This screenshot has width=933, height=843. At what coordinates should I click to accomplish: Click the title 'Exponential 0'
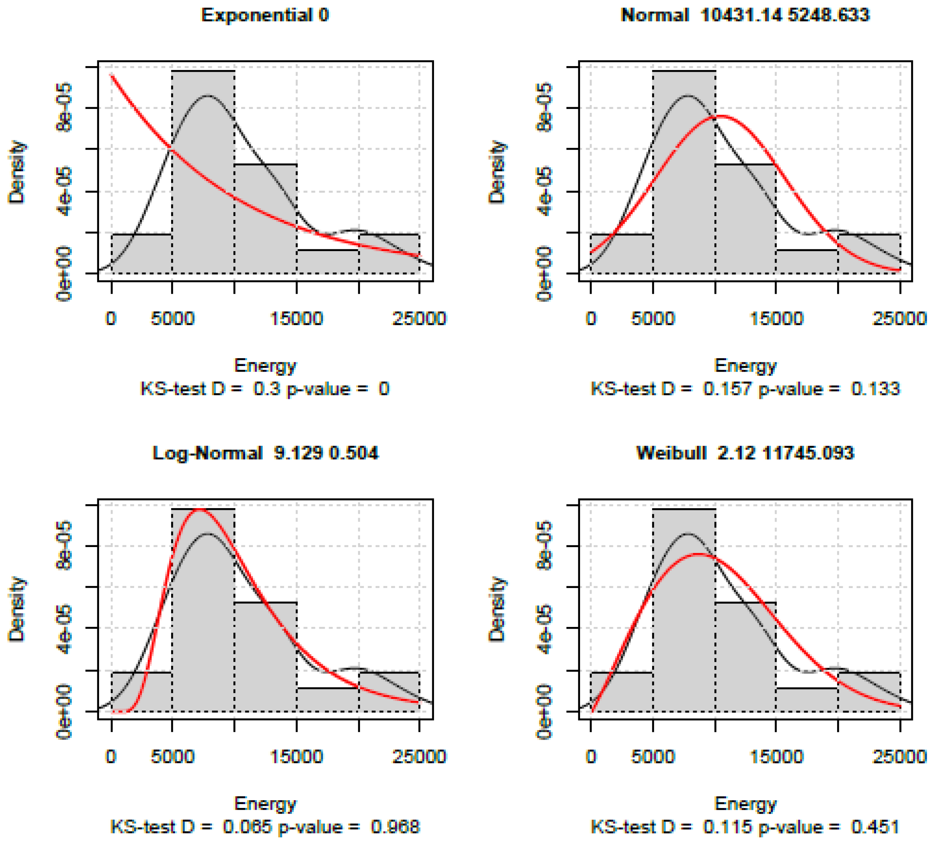point(265,15)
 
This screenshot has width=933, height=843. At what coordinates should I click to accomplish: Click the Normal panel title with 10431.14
point(745,15)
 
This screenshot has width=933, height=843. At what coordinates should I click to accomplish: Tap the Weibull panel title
point(745,453)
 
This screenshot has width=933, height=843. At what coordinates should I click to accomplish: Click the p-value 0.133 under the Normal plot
point(875,389)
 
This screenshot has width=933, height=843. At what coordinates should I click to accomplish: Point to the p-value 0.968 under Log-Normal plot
point(395,827)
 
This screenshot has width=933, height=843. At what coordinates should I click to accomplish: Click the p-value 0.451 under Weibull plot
point(875,827)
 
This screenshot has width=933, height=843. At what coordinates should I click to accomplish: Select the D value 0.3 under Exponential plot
point(267,389)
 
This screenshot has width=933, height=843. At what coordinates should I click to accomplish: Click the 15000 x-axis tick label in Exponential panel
point(296,319)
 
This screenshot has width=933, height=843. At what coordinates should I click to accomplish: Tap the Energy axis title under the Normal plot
point(745,366)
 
